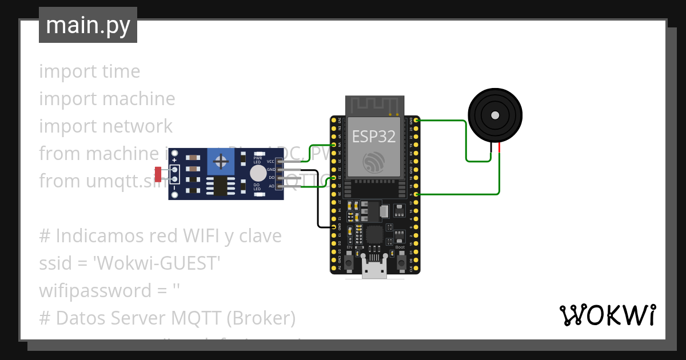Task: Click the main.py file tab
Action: (x=87, y=26)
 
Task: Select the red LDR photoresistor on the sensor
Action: (x=158, y=175)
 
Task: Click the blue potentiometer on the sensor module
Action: (x=220, y=163)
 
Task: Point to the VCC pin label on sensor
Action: (x=270, y=162)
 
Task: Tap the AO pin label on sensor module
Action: (x=271, y=186)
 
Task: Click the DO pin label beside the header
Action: (x=271, y=178)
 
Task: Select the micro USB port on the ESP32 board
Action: (x=374, y=269)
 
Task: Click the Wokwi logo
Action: (x=607, y=315)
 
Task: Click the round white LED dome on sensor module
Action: (x=258, y=173)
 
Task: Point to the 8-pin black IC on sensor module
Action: (x=219, y=185)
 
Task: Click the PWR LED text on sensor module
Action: (x=257, y=159)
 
